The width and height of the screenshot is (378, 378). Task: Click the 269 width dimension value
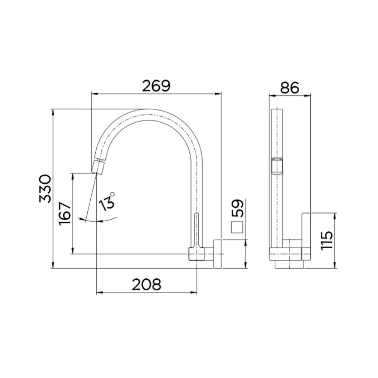[x=156, y=86]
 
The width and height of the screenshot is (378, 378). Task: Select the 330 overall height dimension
[x=45, y=188]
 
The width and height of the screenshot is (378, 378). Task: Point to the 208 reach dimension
[x=147, y=284]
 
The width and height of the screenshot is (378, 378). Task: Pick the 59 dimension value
[x=239, y=208]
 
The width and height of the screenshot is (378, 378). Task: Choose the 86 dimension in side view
[x=290, y=88]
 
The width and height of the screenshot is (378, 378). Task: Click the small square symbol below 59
[x=237, y=228]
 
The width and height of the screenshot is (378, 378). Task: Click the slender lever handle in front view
[x=196, y=229]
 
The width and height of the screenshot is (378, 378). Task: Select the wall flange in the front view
[x=217, y=254]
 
